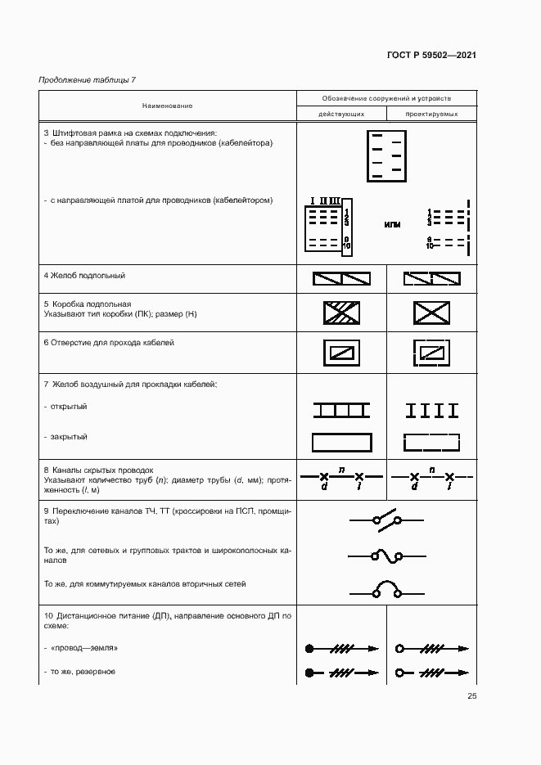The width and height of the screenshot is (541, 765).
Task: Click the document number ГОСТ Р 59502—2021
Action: coord(431,55)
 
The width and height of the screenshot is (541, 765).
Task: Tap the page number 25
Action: coord(471,695)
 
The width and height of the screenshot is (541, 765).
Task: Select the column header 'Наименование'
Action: coord(167,106)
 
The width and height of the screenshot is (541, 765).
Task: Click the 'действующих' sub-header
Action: coord(341,115)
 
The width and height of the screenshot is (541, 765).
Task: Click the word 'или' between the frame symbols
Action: coord(392,224)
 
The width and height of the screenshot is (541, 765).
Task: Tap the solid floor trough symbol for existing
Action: coord(341,278)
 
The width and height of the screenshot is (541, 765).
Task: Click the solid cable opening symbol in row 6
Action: coord(341,353)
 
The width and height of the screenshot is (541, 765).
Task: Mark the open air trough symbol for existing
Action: coord(341,409)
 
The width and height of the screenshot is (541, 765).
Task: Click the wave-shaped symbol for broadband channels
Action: coord(385,556)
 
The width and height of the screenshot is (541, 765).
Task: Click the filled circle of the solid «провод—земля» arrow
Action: coord(309,649)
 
